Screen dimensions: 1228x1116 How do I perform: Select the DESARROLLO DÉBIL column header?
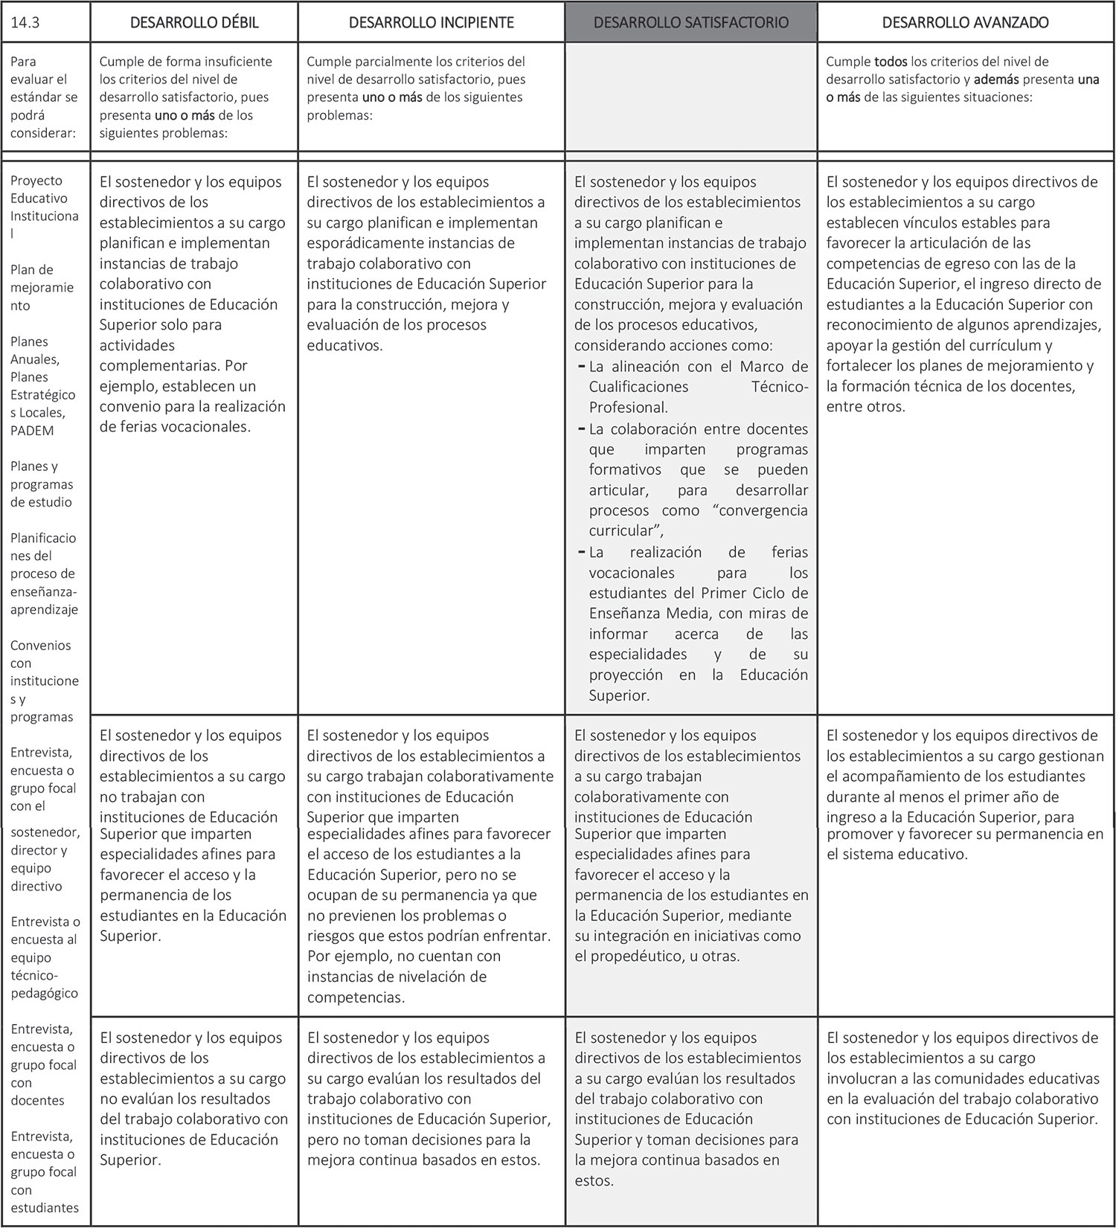(x=194, y=22)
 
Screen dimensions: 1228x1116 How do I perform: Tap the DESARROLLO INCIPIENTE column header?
(x=432, y=22)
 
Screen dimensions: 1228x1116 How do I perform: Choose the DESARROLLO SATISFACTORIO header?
(x=690, y=22)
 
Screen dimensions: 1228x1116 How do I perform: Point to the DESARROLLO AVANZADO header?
(x=965, y=22)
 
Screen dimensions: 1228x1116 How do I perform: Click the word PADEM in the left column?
(x=32, y=431)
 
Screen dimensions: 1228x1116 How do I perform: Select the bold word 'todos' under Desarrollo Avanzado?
(x=891, y=62)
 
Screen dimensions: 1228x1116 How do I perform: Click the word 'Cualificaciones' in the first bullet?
(x=638, y=387)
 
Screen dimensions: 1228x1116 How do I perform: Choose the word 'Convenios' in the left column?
(x=40, y=646)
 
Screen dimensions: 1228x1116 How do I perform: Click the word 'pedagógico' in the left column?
(x=44, y=993)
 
